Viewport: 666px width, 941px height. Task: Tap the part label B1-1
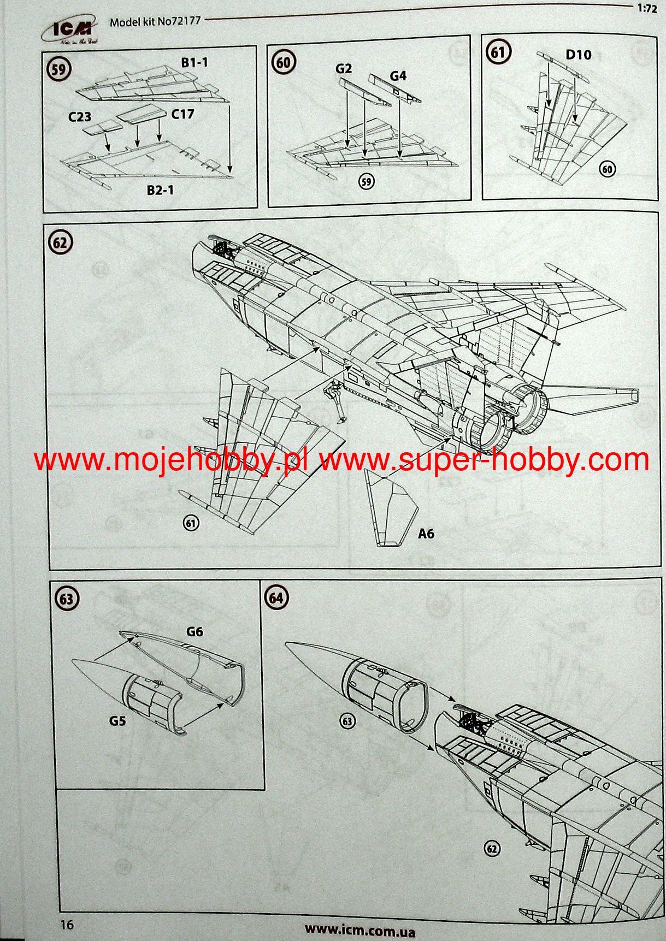tap(194, 62)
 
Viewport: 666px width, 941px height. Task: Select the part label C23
tap(79, 117)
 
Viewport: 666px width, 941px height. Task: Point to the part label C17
tap(182, 114)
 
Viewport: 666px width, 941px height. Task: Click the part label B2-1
tap(160, 190)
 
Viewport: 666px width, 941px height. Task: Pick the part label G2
tap(343, 69)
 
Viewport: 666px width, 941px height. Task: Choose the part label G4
tap(398, 76)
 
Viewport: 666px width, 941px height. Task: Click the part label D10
tap(578, 55)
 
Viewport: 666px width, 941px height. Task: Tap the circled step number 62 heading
tap(60, 242)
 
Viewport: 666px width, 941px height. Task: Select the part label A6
tap(426, 533)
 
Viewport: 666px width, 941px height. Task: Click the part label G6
tap(195, 632)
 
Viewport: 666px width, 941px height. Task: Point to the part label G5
tap(117, 721)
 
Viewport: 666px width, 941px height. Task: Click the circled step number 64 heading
tap(276, 598)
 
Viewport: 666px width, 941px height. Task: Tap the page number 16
tap(67, 925)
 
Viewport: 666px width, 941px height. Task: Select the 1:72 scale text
tap(647, 9)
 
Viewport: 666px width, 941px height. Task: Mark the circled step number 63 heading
tap(66, 599)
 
